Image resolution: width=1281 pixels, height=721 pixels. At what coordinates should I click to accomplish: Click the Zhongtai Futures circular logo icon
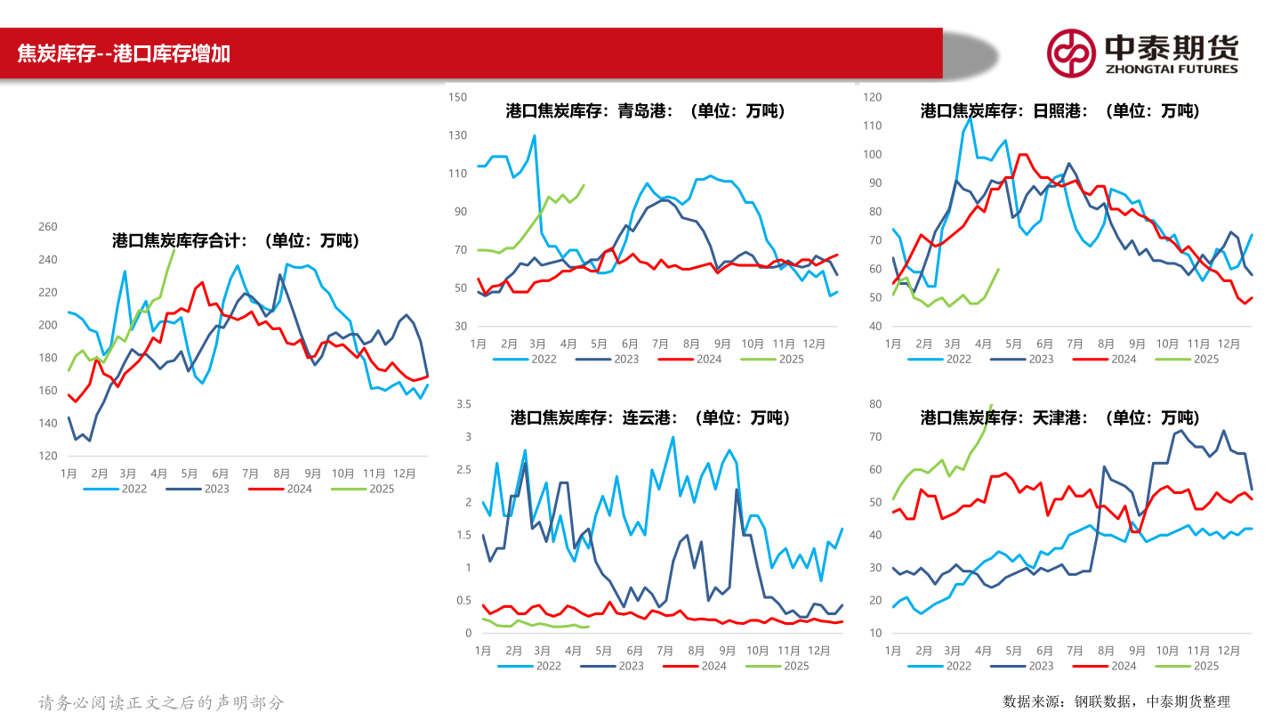[x=1070, y=53]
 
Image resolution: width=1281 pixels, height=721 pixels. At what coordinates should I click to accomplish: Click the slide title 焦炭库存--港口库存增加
[x=125, y=53]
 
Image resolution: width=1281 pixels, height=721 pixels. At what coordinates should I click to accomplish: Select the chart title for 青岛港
[x=646, y=111]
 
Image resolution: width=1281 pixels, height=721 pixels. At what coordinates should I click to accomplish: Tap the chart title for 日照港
[x=1059, y=111]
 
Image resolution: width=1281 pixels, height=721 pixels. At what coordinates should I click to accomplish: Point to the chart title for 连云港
[x=650, y=417]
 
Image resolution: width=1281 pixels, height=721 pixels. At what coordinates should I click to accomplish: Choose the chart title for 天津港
[x=1059, y=417]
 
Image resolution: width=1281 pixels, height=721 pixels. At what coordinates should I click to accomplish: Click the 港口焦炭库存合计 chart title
[x=236, y=240]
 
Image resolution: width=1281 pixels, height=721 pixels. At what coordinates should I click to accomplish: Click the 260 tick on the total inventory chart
[x=47, y=227]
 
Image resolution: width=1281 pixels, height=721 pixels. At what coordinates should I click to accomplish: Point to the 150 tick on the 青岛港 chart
[x=457, y=97]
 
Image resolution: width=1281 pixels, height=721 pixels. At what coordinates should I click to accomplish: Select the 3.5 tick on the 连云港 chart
[x=463, y=404]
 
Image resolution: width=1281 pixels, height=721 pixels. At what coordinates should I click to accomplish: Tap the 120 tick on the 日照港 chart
[x=872, y=97]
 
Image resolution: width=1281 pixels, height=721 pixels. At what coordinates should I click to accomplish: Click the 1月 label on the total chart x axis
[x=68, y=474]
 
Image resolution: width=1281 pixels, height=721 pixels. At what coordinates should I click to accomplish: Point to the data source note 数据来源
[x=1116, y=701]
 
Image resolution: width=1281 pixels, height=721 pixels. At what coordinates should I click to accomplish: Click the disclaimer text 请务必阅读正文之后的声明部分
[x=161, y=702]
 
